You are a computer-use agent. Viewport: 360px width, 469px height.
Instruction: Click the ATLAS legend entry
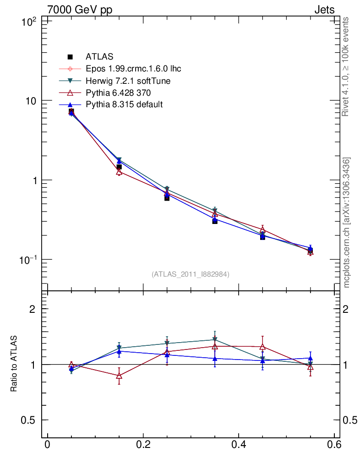(x=99, y=57)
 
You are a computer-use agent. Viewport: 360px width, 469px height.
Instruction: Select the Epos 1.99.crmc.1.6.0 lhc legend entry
(x=133, y=69)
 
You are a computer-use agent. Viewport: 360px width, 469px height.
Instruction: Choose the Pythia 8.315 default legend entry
(x=124, y=105)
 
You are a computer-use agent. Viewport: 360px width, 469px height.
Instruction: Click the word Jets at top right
(x=324, y=10)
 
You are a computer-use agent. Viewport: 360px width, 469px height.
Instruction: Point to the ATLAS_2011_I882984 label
(x=191, y=274)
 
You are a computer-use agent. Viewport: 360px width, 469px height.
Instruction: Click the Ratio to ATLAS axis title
(x=14, y=364)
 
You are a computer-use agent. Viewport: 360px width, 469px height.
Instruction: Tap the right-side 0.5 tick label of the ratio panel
(x=351, y=420)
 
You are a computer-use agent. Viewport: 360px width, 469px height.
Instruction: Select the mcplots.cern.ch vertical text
(x=347, y=222)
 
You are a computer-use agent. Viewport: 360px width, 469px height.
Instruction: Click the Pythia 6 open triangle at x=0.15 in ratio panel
(x=119, y=376)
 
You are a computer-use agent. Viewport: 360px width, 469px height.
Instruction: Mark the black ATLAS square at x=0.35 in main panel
(x=215, y=221)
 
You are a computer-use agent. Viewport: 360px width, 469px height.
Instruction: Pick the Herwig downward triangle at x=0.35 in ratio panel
(x=215, y=340)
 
